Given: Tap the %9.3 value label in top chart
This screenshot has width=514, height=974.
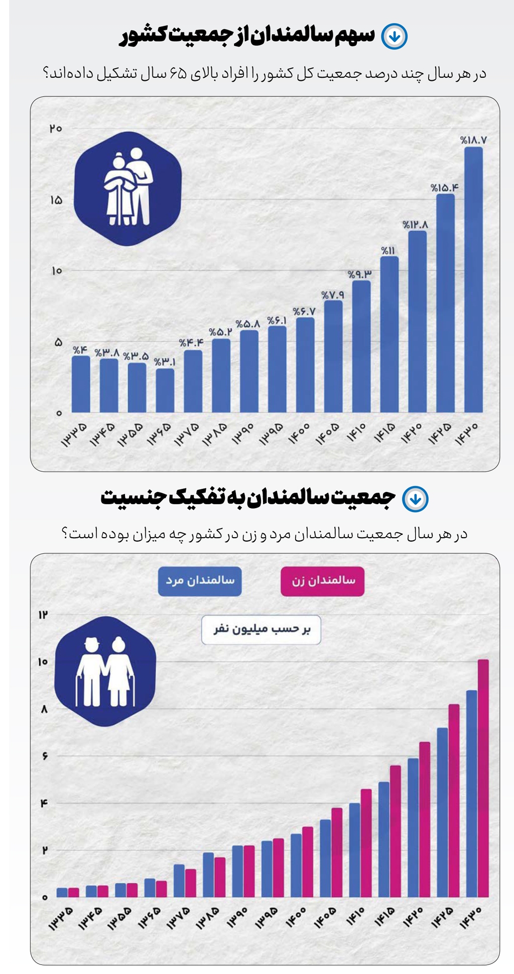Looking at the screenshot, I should (x=360, y=274).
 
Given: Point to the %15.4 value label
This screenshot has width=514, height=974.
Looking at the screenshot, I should (x=444, y=188).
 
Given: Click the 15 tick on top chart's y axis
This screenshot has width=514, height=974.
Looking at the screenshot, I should (x=56, y=200).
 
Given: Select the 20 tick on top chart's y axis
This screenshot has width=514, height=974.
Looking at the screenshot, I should (x=56, y=128).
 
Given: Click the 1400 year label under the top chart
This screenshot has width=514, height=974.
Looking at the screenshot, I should (x=299, y=432).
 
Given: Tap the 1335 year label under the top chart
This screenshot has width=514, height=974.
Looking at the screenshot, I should (x=74, y=434).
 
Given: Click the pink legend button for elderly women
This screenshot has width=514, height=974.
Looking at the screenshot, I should (x=322, y=581).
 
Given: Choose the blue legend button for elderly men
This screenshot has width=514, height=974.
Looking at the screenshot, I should (x=200, y=581).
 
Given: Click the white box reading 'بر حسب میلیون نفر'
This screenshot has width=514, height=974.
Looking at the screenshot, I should (x=261, y=629).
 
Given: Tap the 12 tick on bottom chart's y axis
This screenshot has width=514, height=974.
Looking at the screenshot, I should (x=43, y=614).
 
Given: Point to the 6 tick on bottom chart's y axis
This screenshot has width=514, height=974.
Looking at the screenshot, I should (x=45, y=756).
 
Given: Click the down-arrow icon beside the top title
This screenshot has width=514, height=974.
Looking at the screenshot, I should (x=394, y=36).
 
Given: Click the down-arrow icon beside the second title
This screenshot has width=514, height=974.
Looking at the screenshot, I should (x=416, y=499).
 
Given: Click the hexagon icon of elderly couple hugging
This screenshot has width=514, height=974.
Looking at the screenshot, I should (x=127, y=189).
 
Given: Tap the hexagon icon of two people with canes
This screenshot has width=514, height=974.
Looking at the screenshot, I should (x=105, y=671).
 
